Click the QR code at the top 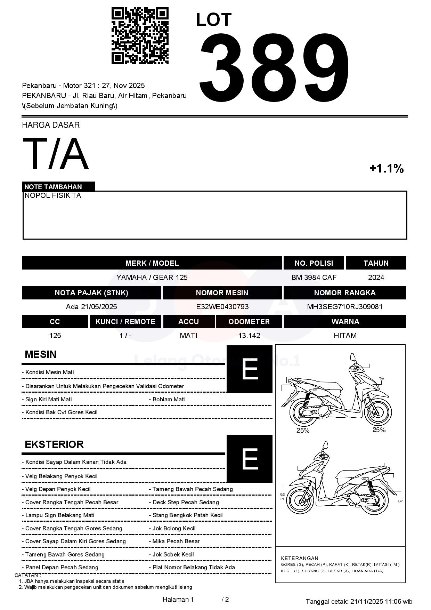tap(140, 36)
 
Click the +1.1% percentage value tap(386, 169)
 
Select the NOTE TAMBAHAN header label tap(53, 187)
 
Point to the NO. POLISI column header tap(314, 263)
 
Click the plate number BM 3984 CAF tap(314, 278)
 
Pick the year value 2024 tap(376, 278)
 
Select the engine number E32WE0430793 tap(222, 307)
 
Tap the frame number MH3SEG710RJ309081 tap(345, 307)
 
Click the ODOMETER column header tap(249, 322)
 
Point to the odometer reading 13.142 tap(249, 336)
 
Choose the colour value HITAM tap(345, 336)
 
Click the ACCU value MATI tap(188, 336)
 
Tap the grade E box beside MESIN tap(250, 369)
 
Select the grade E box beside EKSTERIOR tap(250, 459)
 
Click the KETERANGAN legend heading tap(300, 558)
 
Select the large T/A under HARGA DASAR tap(56, 154)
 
